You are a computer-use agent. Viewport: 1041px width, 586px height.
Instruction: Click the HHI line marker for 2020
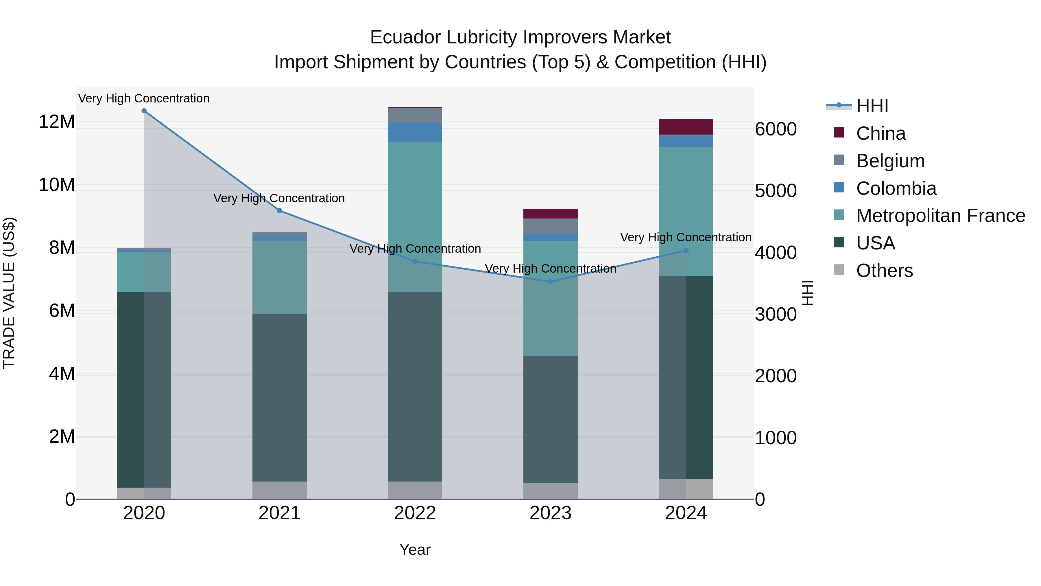point(144,111)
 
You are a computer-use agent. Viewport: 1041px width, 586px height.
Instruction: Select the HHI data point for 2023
point(550,282)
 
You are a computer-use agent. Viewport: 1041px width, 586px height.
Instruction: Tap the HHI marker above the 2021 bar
point(279,211)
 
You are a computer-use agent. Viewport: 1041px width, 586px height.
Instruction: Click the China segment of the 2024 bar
point(686,126)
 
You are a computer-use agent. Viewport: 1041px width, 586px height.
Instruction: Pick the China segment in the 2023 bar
point(550,214)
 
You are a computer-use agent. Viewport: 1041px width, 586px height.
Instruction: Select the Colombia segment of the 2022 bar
point(415,132)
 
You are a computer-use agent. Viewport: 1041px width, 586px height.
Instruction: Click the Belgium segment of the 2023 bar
point(550,226)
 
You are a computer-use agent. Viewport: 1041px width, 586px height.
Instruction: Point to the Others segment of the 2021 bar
point(279,490)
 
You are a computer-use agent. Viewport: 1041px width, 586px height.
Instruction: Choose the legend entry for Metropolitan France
point(940,216)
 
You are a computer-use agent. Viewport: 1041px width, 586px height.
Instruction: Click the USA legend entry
point(875,243)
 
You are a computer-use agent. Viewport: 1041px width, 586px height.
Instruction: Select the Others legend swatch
point(839,270)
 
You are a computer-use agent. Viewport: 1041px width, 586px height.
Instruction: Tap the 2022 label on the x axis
point(415,513)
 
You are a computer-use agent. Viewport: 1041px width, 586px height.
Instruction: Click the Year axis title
point(415,550)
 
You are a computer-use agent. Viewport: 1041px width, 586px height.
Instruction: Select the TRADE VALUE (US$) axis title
point(9,293)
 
